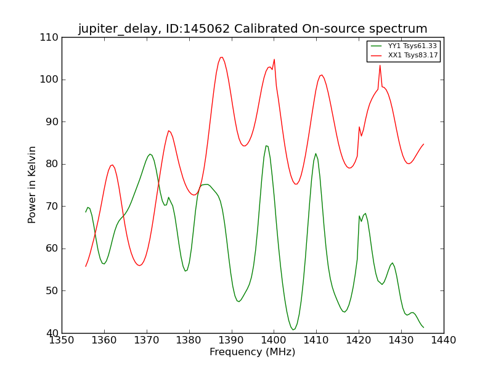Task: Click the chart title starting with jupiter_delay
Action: (253, 29)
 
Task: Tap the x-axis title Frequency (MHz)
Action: (253, 352)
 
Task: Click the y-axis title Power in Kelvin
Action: (33, 185)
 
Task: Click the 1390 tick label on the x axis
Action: (232, 340)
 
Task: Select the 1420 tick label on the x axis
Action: (359, 340)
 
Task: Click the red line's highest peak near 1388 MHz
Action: (221, 57)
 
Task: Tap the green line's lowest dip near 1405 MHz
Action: (293, 330)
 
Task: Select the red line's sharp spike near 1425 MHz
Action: (380, 65)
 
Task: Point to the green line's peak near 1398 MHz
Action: (266, 146)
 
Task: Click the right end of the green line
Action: (423, 327)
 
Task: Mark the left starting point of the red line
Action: (86, 266)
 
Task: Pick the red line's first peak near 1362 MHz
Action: (112, 165)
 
